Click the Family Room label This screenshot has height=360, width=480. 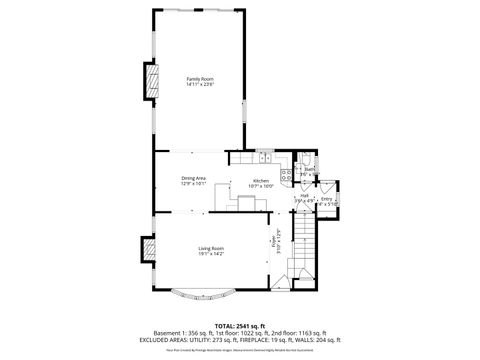[x=200, y=78]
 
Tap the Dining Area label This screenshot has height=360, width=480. [x=193, y=178]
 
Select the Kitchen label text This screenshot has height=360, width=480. [x=262, y=180]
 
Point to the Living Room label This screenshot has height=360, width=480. [x=210, y=248]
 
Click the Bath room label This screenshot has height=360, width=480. [x=311, y=170]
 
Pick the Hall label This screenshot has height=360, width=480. [x=304, y=196]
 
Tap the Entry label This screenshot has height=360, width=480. [x=327, y=200]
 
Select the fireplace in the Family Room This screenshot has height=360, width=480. [x=153, y=83]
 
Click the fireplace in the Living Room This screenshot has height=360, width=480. [x=148, y=247]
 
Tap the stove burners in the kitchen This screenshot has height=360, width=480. [x=286, y=176]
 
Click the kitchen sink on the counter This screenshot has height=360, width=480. [x=265, y=157]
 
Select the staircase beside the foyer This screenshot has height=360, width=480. [x=305, y=250]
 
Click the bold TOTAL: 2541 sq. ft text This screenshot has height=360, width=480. [x=240, y=325]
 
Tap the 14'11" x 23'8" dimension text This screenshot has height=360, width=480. [x=200, y=84]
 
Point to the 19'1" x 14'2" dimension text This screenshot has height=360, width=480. [x=210, y=254]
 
